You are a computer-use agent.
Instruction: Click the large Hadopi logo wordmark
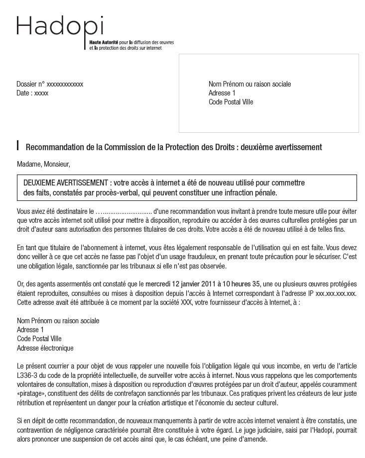tap(60, 26)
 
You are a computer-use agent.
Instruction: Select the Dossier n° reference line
tap(50, 84)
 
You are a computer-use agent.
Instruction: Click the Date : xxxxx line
tap(32, 93)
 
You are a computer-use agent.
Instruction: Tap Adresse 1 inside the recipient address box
tap(222, 93)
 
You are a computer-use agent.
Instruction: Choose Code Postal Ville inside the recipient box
tap(231, 102)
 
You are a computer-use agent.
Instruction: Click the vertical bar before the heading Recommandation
tap(18, 146)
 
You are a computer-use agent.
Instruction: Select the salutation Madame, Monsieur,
tap(43, 164)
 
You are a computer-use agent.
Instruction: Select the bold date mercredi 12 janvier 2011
tap(180, 284)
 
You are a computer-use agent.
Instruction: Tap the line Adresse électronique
tap(45, 348)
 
